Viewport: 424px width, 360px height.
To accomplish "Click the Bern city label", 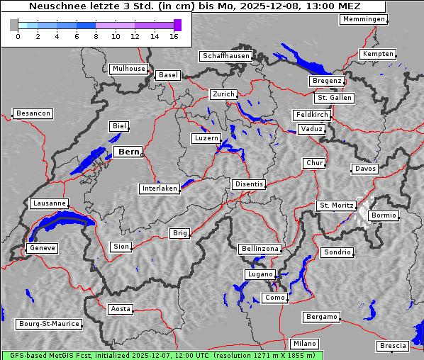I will [128, 152].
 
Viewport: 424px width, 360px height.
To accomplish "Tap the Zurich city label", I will [223, 94].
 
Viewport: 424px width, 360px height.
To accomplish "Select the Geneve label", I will [42, 248].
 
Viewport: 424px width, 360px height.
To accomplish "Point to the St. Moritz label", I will [336, 206].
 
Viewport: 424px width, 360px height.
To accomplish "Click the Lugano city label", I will [260, 274].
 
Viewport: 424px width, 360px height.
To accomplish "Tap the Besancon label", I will [33, 113].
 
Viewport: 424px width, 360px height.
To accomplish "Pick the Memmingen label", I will [364, 19].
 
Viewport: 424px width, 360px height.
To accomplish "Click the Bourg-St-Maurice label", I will [49, 324].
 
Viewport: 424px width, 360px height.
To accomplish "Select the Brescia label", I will [393, 346].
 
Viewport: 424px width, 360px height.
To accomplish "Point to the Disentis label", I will [249, 184].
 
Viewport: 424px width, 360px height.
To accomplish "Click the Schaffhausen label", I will [226, 56].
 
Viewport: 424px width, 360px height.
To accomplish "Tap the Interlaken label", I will [160, 189].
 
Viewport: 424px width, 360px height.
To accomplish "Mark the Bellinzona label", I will [260, 249].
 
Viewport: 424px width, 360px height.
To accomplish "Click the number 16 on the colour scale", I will [174, 36].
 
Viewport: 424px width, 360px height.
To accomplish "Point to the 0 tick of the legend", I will [18, 36].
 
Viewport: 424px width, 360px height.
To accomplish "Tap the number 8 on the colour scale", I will [96, 36].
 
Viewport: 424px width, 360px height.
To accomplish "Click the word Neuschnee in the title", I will [55, 6].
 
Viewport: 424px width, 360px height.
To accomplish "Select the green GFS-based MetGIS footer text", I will [162, 355].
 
